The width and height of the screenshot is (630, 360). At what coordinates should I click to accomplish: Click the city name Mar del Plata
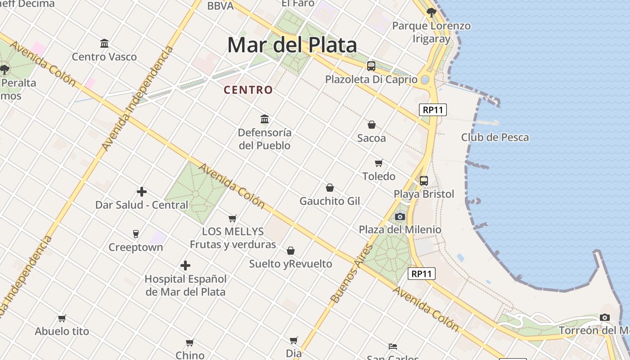pyautogui.click(x=292, y=45)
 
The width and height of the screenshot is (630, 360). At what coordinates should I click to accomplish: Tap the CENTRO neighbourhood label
pyautogui.click(x=248, y=90)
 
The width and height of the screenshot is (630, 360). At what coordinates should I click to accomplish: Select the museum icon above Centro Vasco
pyautogui.click(x=104, y=43)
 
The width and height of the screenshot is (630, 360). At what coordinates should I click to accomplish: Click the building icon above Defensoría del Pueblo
pyautogui.click(x=265, y=119)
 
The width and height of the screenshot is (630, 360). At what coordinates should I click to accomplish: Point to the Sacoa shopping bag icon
pyautogui.click(x=372, y=125)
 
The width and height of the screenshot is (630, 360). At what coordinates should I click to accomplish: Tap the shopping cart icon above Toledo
pyautogui.click(x=378, y=163)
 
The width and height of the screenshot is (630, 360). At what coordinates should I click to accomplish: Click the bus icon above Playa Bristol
pyautogui.click(x=424, y=181)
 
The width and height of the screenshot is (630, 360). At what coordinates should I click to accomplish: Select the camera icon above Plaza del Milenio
pyautogui.click(x=400, y=216)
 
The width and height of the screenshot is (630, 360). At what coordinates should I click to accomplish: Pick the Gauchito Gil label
pyautogui.click(x=330, y=201)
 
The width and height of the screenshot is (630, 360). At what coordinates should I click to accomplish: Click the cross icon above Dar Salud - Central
pyautogui.click(x=142, y=192)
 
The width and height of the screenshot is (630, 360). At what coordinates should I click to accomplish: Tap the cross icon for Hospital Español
pyautogui.click(x=185, y=265)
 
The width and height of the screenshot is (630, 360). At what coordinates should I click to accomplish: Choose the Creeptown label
pyautogui.click(x=135, y=247)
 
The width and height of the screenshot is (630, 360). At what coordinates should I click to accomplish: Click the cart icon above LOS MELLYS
pyautogui.click(x=233, y=218)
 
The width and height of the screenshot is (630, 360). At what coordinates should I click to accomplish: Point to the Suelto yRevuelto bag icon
pyautogui.click(x=291, y=250)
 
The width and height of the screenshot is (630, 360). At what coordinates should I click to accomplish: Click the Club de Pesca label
pyautogui.click(x=495, y=137)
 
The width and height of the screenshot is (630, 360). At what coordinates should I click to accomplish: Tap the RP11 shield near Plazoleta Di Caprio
pyautogui.click(x=432, y=109)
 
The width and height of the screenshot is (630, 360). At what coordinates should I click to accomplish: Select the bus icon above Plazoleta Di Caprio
pyautogui.click(x=371, y=66)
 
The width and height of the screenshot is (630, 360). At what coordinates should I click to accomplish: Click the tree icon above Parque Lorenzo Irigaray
pyautogui.click(x=431, y=12)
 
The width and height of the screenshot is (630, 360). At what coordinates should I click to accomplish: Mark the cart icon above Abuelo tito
pyautogui.click(x=62, y=318)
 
